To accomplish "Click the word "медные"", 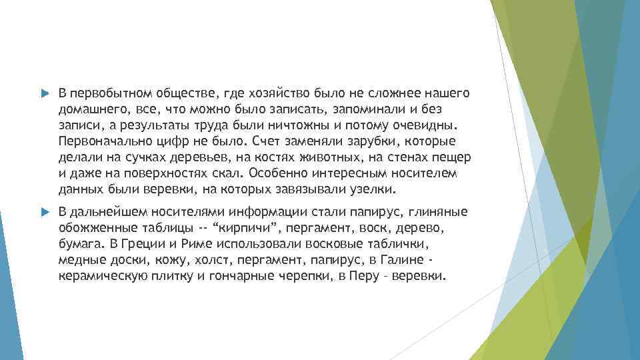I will click(x=79, y=260).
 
